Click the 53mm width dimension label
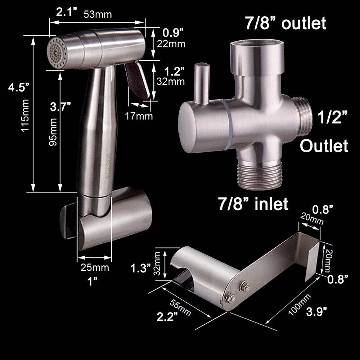[98, 14]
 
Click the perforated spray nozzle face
[55, 53]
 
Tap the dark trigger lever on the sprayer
[137, 80]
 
